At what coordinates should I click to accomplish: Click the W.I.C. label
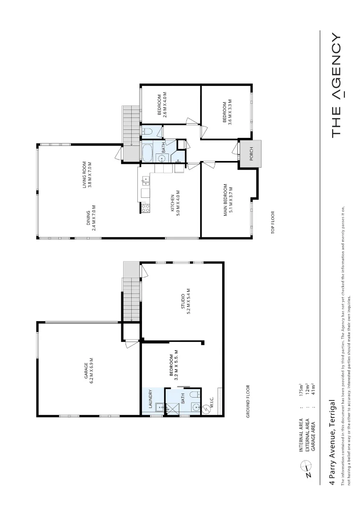coord(212,404)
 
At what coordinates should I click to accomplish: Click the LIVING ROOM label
coord(86,175)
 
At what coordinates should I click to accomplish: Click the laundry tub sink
coord(159,408)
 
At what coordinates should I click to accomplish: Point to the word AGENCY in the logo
coord(336,67)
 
